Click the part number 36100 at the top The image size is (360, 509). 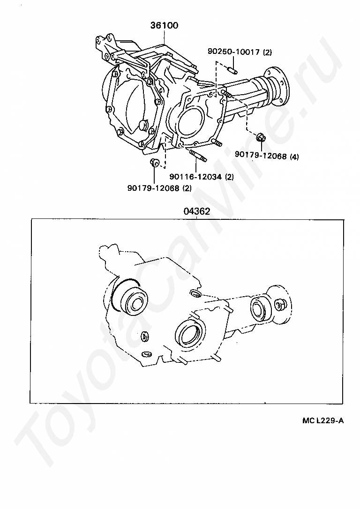pyautogui.click(x=164, y=25)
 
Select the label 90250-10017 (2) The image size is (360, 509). pyautogui.click(x=240, y=52)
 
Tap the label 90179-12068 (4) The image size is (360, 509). pyautogui.click(x=267, y=156)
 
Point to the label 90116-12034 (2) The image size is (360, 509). pyautogui.click(x=201, y=177)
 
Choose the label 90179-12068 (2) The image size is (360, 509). pyautogui.click(x=159, y=188)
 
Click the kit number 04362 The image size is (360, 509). pyautogui.click(x=197, y=211)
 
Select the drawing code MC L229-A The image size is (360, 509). pyautogui.click(x=322, y=421)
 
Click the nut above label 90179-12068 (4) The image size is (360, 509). pyautogui.click(x=260, y=138)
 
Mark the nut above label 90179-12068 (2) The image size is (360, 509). pyautogui.click(x=154, y=162)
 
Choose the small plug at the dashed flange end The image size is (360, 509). pyautogui.click(x=279, y=305)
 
